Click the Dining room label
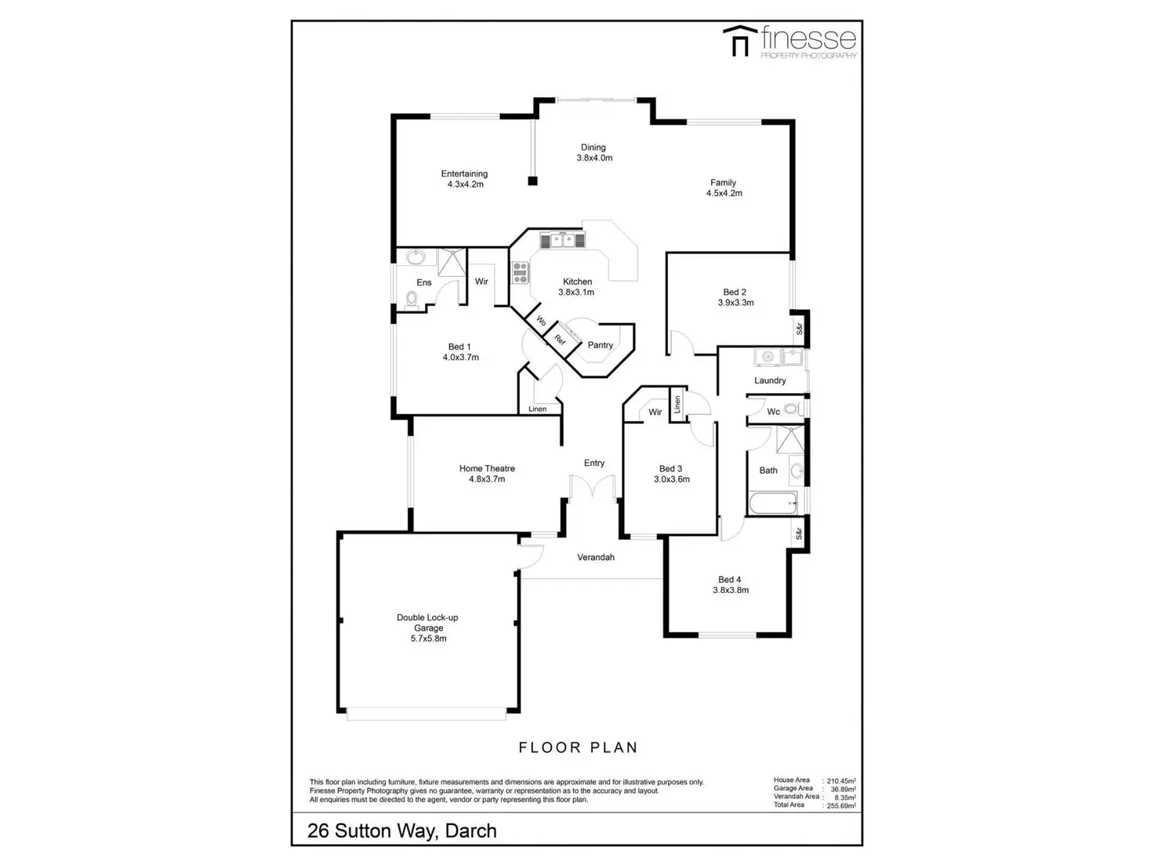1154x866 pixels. pyautogui.click(x=593, y=147)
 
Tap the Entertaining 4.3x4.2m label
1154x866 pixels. pyautogui.click(x=464, y=179)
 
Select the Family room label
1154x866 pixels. pyautogui.click(x=724, y=183)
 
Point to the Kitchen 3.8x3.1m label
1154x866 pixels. pyautogui.click(x=577, y=286)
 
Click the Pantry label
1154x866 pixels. pyautogui.click(x=601, y=345)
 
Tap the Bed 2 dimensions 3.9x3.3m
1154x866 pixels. pyautogui.click(x=735, y=303)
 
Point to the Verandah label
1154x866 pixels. pyautogui.click(x=596, y=558)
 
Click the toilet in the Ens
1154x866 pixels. pyautogui.click(x=412, y=298)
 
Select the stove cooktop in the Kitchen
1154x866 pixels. pyautogui.click(x=520, y=272)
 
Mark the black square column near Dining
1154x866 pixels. pyautogui.click(x=533, y=181)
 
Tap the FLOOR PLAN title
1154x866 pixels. pyautogui.click(x=578, y=748)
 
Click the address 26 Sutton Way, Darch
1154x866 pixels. pyautogui.click(x=401, y=831)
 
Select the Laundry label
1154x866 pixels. pyautogui.click(x=770, y=380)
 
